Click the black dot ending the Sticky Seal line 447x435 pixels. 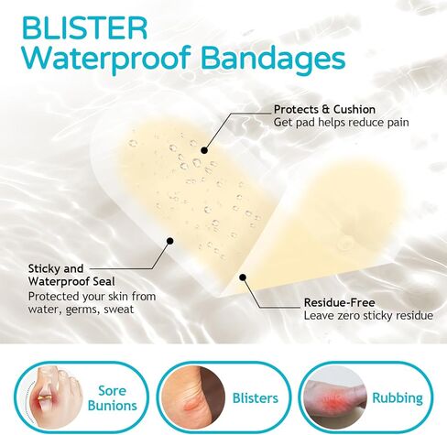pyautogui.click(x=170, y=241)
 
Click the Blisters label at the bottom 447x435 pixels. pyautogui.click(x=249, y=398)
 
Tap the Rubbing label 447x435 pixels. pyautogui.click(x=398, y=398)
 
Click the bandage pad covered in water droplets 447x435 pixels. pyautogui.click(x=179, y=183)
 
